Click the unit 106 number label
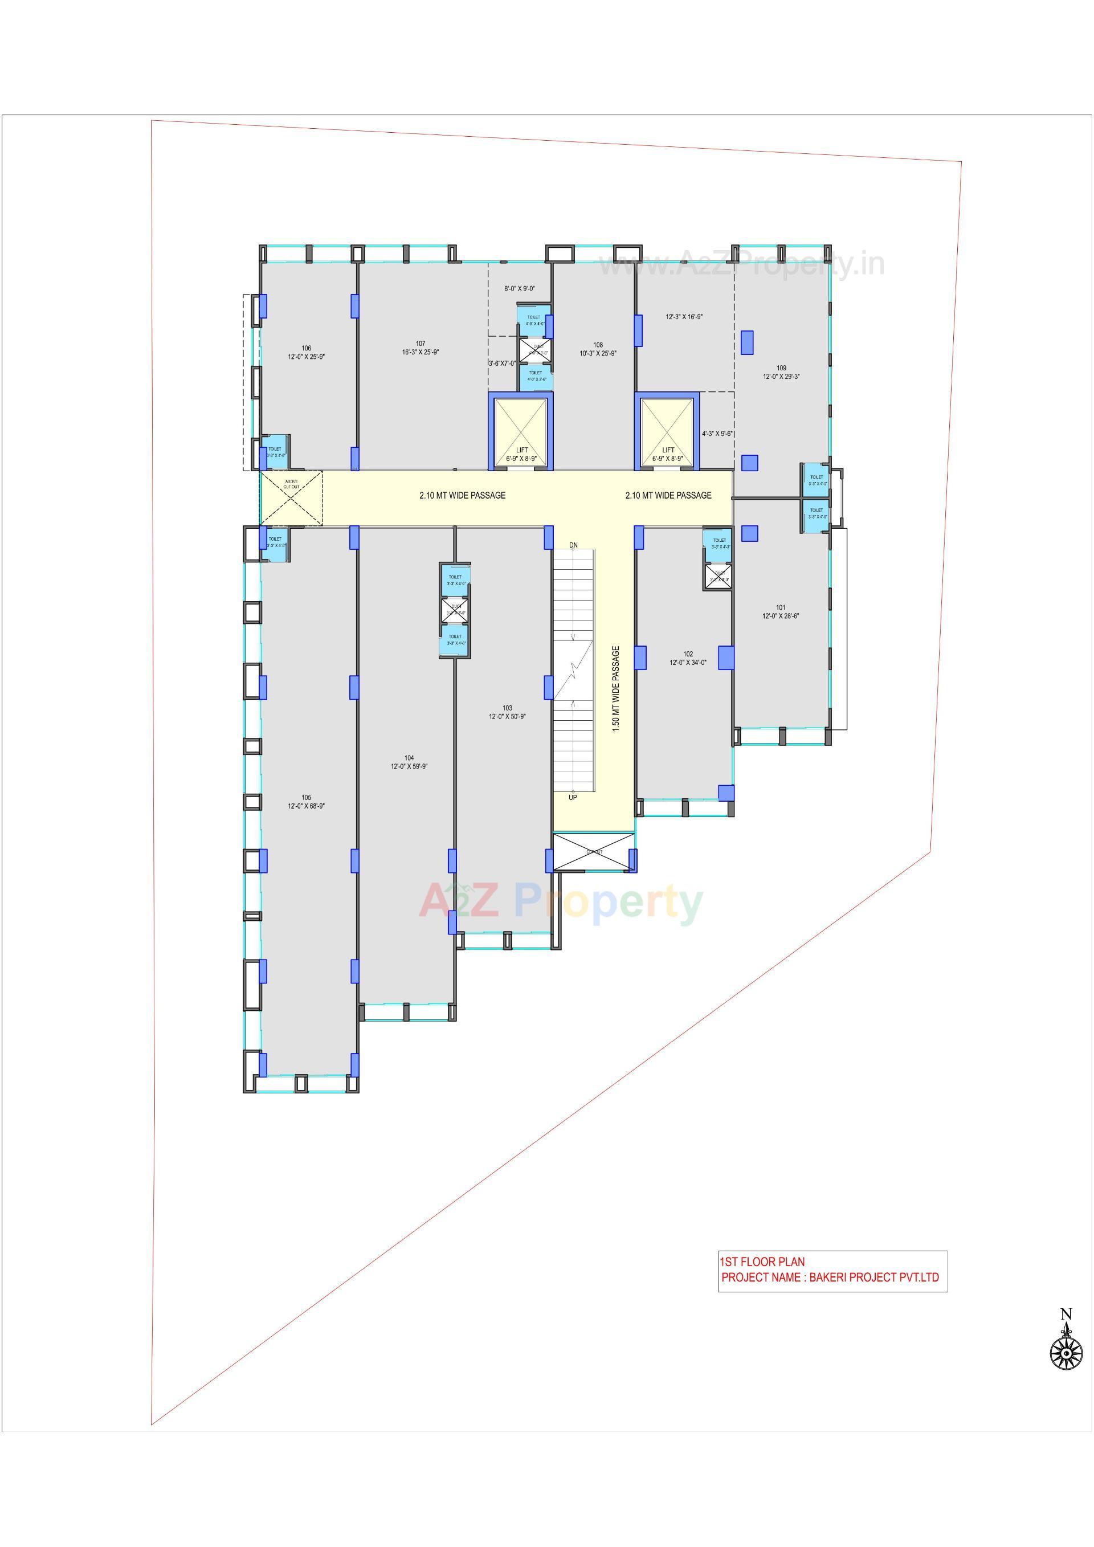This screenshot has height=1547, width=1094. pyautogui.click(x=307, y=348)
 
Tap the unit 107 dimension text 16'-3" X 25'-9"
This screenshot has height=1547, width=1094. pyautogui.click(x=420, y=352)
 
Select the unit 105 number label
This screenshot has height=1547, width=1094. pyautogui.click(x=307, y=797)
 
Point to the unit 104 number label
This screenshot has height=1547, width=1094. pyautogui.click(x=409, y=758)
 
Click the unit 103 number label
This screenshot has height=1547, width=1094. pyautogui.click(x=507, y=708)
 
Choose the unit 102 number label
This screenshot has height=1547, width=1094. pyautogui.click(x=688, y=654)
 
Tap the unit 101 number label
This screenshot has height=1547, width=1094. pyautogui.click(x=781, y=607)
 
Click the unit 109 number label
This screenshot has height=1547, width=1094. pyautogui.click(x=781, y=368)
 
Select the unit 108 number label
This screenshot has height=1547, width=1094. pyautogui.click(x=598, y=344)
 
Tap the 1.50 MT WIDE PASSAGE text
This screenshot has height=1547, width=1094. pyautogui.click(x=615, y=689)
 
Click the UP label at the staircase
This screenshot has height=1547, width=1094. pyautogui.click(x=573, y=798)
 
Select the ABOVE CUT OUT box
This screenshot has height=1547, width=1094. pyautogui.click(x=291, y=498)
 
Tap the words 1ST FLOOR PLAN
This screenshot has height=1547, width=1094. pyautogui.click(x=762, y=1262)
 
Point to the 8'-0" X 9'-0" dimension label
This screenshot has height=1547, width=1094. pyautogui.click(x=520, y=288)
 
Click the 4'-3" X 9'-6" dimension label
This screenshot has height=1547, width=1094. pyautogui.click(x=717, y=434)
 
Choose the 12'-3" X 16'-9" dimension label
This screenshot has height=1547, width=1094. pyautogui.click(x=684, y=317)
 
